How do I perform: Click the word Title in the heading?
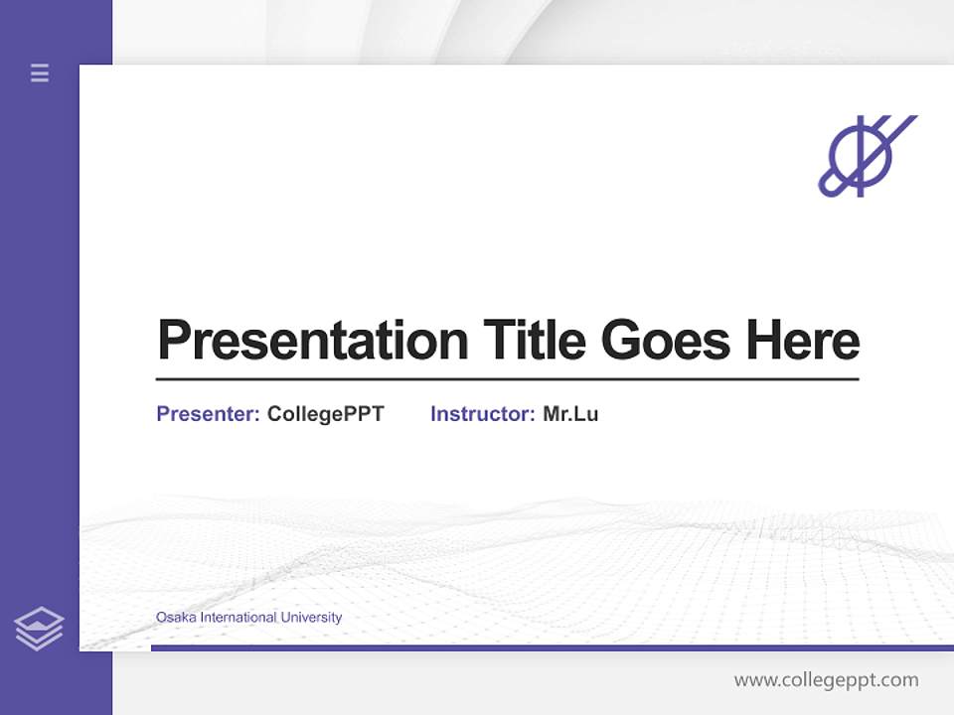(535, 341)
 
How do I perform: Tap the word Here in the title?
(802, 341)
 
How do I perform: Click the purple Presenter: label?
(208, 414)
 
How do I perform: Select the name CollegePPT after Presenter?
(325, 414)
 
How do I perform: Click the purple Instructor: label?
(482, 414)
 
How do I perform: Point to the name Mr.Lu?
(570, 414)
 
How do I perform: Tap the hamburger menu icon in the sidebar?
(40, 72)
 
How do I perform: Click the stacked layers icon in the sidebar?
(39, 629)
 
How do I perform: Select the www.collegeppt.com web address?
(826, 680)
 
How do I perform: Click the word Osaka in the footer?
(176, 618)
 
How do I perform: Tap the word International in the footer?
(238, 618)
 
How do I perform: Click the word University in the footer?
(311, 618)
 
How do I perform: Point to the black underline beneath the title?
(507, 379)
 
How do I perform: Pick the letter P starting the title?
(173, 341)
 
